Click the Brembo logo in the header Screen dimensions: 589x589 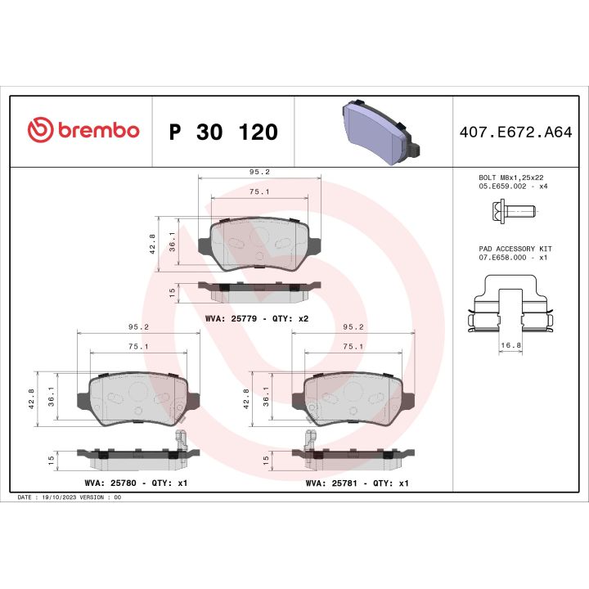point(83,131)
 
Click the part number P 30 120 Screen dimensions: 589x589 point(223,132)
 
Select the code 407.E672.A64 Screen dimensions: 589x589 point(516,132)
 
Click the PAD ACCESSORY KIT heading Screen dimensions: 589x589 point(515,248)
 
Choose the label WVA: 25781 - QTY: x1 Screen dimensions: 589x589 point(357,483)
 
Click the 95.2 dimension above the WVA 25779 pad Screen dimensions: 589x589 point(259,173)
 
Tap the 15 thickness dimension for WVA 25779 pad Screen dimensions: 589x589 point(172,292)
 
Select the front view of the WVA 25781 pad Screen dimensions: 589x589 point(353,397)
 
